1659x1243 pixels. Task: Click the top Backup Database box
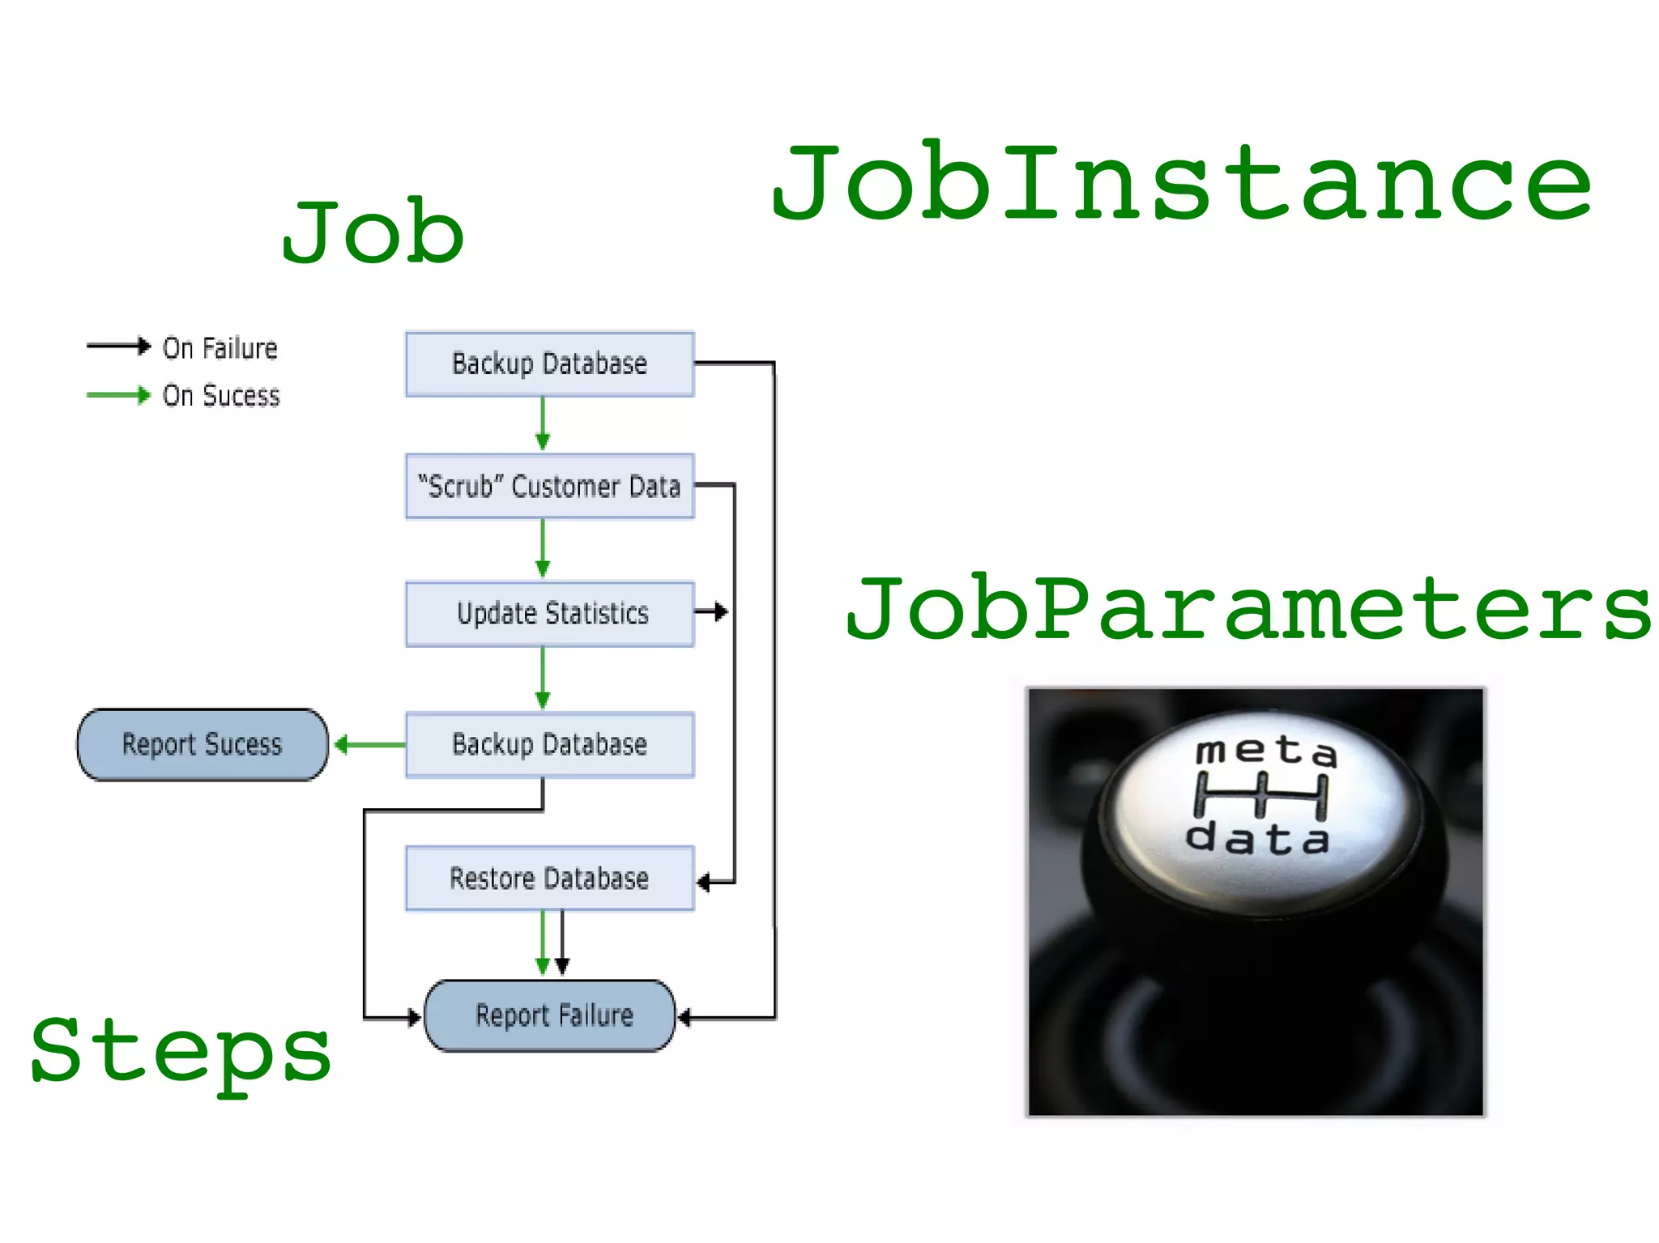point(549,364)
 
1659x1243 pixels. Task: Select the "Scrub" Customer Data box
point(549,486)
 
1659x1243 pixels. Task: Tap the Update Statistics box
point(549,613)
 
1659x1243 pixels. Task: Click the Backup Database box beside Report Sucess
point(549,744)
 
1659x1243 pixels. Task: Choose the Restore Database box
point(549,878)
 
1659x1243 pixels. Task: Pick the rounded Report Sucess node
point(203,744)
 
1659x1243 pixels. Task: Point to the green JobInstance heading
point(1181,182)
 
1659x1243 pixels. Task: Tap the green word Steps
point(180,1051)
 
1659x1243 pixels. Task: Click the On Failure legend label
point(220,348)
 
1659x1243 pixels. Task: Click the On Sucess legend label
point(220,396)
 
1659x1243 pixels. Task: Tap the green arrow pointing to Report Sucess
point(369,744)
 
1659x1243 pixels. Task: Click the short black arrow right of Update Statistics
point(711,611)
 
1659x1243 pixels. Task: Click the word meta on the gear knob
point(1265,751)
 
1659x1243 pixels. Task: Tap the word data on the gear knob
point(1257,839)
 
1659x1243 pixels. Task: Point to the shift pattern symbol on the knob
point(1261,795)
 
